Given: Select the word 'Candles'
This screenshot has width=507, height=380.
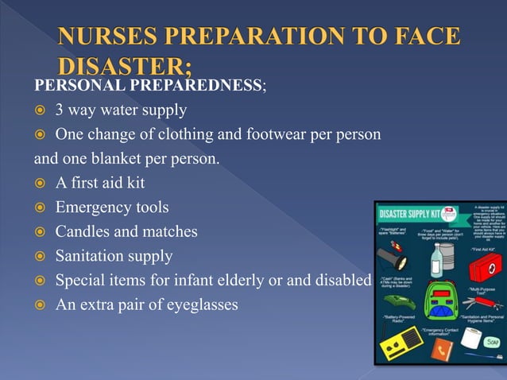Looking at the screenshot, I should coord(81,232).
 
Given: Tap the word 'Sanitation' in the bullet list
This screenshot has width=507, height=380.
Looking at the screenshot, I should coord(90,257).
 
